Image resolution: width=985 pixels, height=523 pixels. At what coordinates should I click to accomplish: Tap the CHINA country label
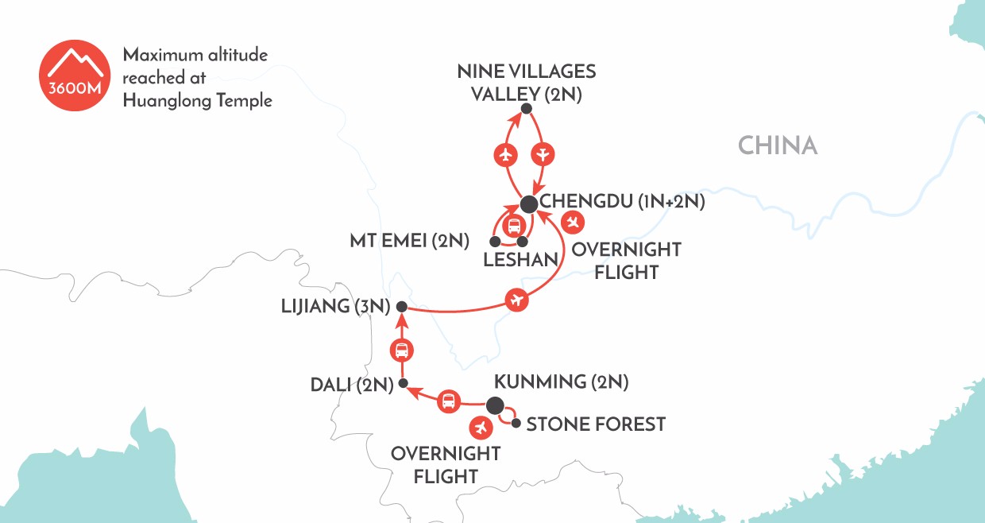pos(777,145)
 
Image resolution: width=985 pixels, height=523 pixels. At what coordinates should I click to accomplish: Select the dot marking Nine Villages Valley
pos(525,109)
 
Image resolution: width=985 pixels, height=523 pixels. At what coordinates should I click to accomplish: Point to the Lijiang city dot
pos(402,307)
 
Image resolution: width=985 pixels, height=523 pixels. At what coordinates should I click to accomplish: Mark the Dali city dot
pos(403,384)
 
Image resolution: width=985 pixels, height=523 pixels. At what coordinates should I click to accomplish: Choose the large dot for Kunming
pos(495,405)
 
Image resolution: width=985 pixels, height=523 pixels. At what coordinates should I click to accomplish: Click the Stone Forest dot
pos(516,424)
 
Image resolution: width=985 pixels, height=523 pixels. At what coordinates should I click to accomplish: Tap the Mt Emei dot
pos(495,241)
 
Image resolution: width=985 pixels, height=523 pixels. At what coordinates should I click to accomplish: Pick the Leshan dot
pos(522,241)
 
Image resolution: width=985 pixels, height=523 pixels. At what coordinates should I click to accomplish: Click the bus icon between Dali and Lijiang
pos(402,350)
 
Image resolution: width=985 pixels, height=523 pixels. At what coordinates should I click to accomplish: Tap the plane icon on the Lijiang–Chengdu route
pos(517,300)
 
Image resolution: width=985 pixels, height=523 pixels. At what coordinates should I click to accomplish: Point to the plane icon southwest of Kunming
pos(480,428)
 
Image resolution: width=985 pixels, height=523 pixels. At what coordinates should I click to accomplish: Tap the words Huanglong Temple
pos(197,101)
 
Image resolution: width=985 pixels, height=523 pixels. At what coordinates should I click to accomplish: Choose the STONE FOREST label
pos(595,424)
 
